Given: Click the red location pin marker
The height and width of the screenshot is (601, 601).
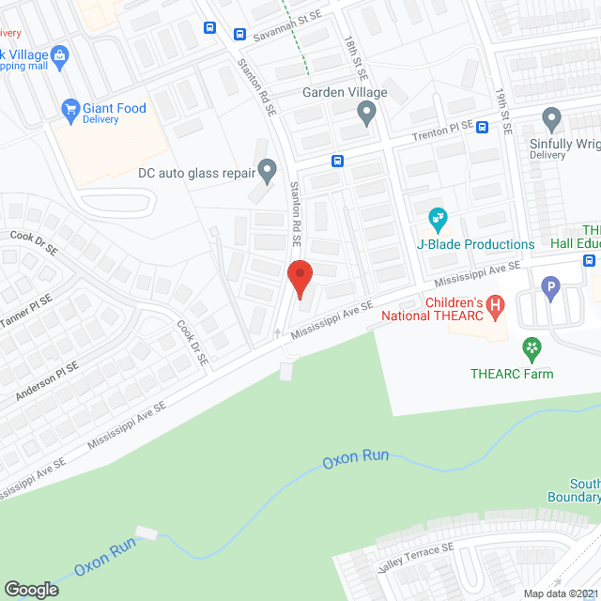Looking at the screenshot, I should (x=299, y=279).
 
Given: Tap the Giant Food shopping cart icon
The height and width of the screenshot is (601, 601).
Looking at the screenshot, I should (x=69, y=109).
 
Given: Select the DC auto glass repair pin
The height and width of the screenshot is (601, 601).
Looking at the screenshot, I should (x=268, y=171).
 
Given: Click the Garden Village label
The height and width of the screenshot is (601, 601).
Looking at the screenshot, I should (x=345, y=92).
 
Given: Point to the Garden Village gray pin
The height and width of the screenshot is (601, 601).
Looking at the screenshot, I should (x=367, y=114).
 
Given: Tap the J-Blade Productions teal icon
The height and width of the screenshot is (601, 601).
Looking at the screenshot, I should (x=438, y=221).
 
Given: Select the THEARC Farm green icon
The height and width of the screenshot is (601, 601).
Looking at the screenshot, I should (x=532, y=350).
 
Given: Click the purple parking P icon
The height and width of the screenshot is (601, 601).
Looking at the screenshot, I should (x=551, y=286).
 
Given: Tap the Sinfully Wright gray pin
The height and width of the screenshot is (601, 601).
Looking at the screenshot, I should (x=551, y=119).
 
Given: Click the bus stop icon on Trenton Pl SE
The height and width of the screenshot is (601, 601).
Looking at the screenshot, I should (x=482, y=127).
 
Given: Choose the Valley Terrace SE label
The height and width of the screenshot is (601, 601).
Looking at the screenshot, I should (x=416, y=560).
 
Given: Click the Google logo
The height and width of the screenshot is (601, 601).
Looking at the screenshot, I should (x=30, y=590).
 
